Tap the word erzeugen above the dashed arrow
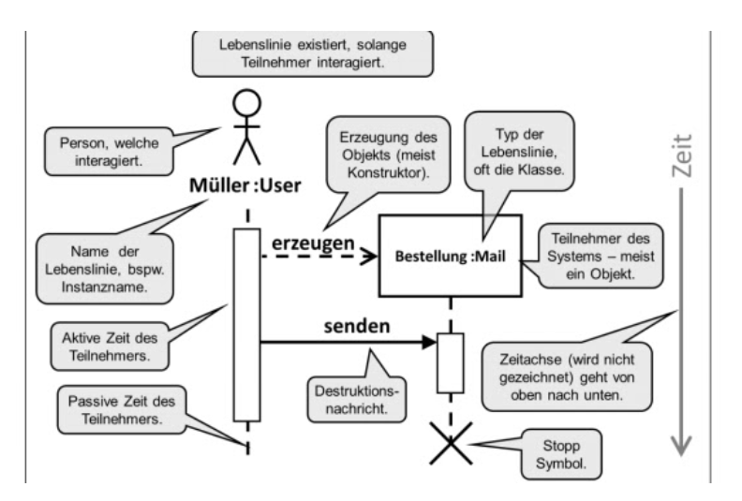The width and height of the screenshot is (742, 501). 313,242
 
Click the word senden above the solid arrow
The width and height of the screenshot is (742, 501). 356,328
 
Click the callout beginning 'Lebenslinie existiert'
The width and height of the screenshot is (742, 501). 310,53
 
